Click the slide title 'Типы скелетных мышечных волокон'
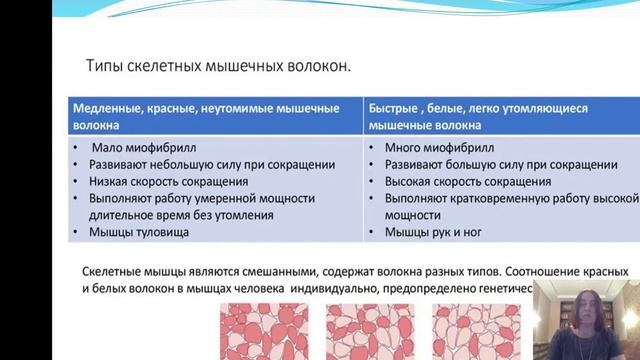point(219,67)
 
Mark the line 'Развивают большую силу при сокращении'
point(500,165)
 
